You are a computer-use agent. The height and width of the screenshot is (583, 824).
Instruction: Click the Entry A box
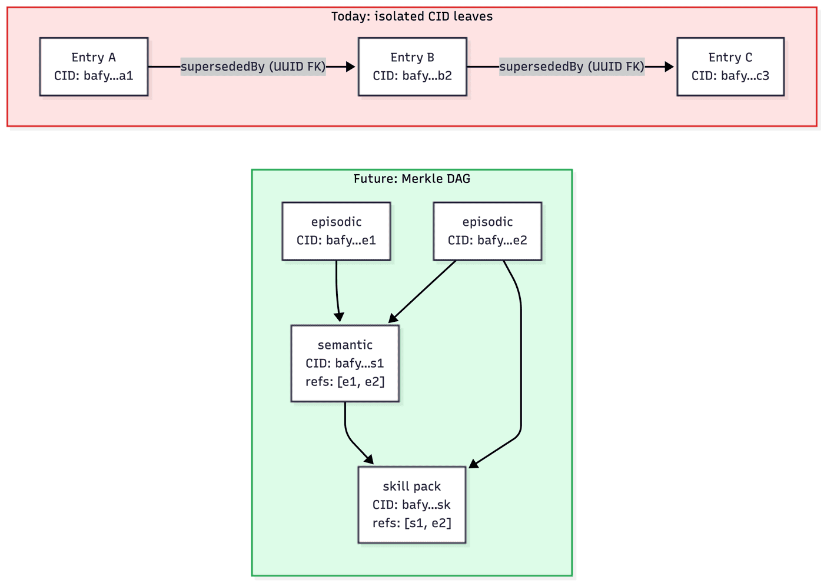click(x=94, y=66)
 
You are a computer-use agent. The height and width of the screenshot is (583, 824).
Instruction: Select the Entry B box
click(x=412, y=66)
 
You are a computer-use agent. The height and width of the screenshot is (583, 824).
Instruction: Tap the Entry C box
click(x=730, y=66)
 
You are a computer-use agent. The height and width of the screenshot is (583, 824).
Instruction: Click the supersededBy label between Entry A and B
click(x=253, y=66)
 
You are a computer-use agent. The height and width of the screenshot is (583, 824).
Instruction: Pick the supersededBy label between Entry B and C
click(x=572, y=66)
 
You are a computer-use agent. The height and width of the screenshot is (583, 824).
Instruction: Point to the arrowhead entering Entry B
click(x=351, y=66)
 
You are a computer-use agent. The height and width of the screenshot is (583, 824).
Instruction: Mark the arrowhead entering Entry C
click(x=669, y=66)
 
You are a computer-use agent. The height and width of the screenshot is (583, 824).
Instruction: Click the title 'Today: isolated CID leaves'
click(x=411, y=16)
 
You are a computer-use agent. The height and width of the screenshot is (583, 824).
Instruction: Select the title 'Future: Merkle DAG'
click(x=411, y=179)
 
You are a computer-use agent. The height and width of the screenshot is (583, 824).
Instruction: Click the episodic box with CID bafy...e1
click(x=336, y=231)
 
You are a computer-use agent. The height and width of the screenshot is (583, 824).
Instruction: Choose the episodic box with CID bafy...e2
click(x=487, y=231)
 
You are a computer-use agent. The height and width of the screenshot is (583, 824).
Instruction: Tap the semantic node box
click(x=345, y=363)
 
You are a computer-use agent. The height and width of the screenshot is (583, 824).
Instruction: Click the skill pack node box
click(x=411, y=504)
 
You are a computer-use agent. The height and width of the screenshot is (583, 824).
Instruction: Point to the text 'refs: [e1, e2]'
click(x=345, y=382)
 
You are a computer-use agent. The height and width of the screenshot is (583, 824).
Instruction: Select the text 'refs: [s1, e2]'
click(x=411, y=523)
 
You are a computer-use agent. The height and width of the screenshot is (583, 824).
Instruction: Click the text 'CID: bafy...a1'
click(x=94, y=76)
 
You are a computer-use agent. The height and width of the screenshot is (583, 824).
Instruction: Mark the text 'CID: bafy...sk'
click(x=411, y=505)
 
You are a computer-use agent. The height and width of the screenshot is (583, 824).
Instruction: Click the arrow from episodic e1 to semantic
click(x=337, y=291)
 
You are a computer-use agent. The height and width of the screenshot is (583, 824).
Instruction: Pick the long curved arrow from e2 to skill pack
click(x=521, y=365)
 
